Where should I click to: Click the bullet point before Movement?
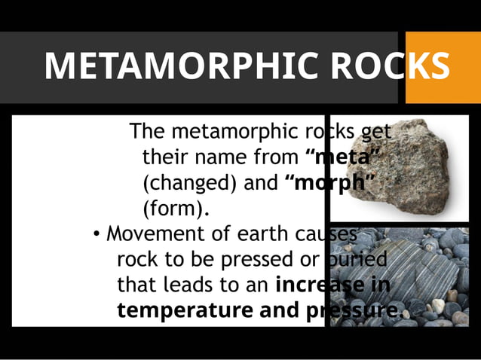[97, 233]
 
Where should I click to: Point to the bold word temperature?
[185, 310]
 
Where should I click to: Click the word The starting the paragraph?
[147, 132]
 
